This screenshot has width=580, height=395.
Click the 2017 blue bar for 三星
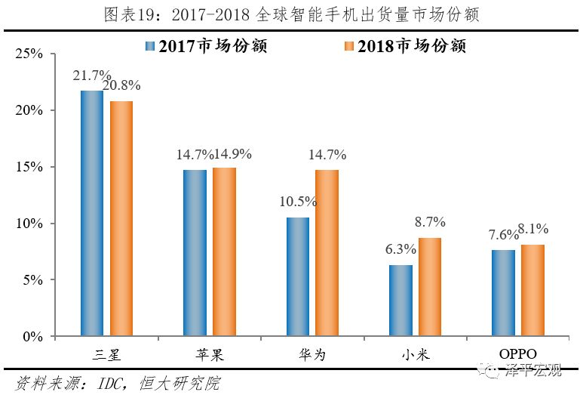(x=91, y=214)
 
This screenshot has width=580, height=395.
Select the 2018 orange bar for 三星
(x=121, y=219)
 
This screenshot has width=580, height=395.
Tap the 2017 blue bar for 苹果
(x=195, y=253)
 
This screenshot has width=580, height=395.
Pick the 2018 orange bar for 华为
(x=327, y=253)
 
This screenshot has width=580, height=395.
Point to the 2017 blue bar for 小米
(x=400, y=301)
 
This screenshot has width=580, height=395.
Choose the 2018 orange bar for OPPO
(x=532, y=291)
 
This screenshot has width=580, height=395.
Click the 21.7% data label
(x=92, y=76)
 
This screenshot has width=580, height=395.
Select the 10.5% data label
(x=298, y=202)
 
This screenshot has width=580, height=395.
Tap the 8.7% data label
(x=430, y=222)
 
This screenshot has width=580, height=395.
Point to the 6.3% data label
(x=400, y=249)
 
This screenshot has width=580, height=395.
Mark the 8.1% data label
(x=532, y=229)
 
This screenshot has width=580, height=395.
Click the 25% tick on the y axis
(x=32, y=54)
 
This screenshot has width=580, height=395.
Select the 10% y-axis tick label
(x=32, y=224)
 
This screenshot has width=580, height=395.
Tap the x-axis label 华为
(x=311, y=354)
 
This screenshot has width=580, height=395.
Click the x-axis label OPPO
(x=517, y=354)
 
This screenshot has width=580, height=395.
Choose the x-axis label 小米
(x=415, y=354)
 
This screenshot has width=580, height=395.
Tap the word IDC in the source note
(x=109, y=382)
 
